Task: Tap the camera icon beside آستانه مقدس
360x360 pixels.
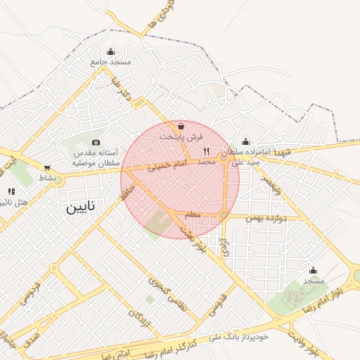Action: click(x=96, y=143)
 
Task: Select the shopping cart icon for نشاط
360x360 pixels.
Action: click(x=47, y=168)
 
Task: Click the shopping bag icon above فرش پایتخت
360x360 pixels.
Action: click(x=181, y=126)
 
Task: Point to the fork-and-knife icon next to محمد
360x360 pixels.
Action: click(x=206, y=151)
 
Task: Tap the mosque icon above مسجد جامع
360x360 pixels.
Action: click(x=110, y=51)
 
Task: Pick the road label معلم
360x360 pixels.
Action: click(x=192, y=213)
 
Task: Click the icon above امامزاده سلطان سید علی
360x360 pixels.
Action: click(x=245, y=141)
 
